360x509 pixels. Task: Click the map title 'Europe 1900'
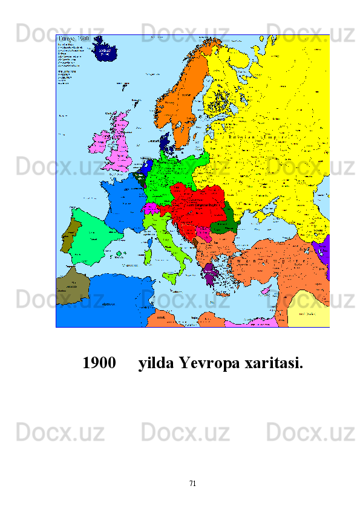click(73, 38)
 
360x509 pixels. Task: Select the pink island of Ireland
click(98, 144)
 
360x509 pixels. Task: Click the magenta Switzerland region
click(151, 209)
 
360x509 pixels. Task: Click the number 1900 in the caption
click(99, 364)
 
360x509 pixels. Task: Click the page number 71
click(192, 483)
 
